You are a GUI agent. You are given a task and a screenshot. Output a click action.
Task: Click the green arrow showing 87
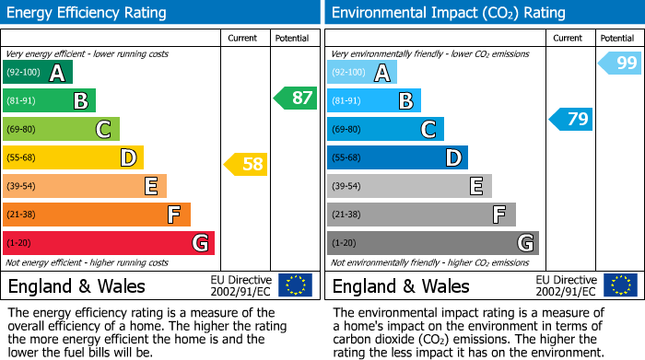click(x=295, y=99)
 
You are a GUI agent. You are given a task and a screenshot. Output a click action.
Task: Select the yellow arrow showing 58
click(x=246, y=164)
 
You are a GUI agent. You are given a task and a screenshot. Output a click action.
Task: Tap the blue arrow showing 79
click(x=571, y=119)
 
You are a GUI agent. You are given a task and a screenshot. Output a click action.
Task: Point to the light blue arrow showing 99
click(x=619, y=64)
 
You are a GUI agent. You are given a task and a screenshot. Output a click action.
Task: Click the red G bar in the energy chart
click(x=109, y=243)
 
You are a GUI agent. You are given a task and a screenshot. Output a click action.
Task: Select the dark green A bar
click(x=38, y=73)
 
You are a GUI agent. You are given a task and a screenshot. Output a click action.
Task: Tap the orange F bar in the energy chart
click(x=97, y=215)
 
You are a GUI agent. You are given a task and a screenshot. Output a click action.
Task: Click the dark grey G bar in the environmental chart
click(x=432, y=243)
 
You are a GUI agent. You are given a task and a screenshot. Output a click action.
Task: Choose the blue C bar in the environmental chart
click(x=385, y=130)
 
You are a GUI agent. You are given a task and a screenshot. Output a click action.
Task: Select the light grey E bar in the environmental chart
click(x=409, y=186)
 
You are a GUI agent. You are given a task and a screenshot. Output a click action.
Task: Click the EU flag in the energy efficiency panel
click(x=295, y=285)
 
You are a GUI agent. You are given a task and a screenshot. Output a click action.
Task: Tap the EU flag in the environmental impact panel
click(x=619, y=285)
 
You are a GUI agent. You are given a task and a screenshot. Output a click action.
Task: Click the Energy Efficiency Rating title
click(x=88, y=13)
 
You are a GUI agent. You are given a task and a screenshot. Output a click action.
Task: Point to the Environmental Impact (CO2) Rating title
click(x=448, y=13)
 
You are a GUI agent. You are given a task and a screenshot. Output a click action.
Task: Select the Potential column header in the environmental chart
click(x=617, y=38)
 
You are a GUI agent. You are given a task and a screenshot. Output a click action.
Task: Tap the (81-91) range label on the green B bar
click(x=21, y=101)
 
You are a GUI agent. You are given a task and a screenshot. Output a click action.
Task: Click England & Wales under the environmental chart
click(x=401, y=286)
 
